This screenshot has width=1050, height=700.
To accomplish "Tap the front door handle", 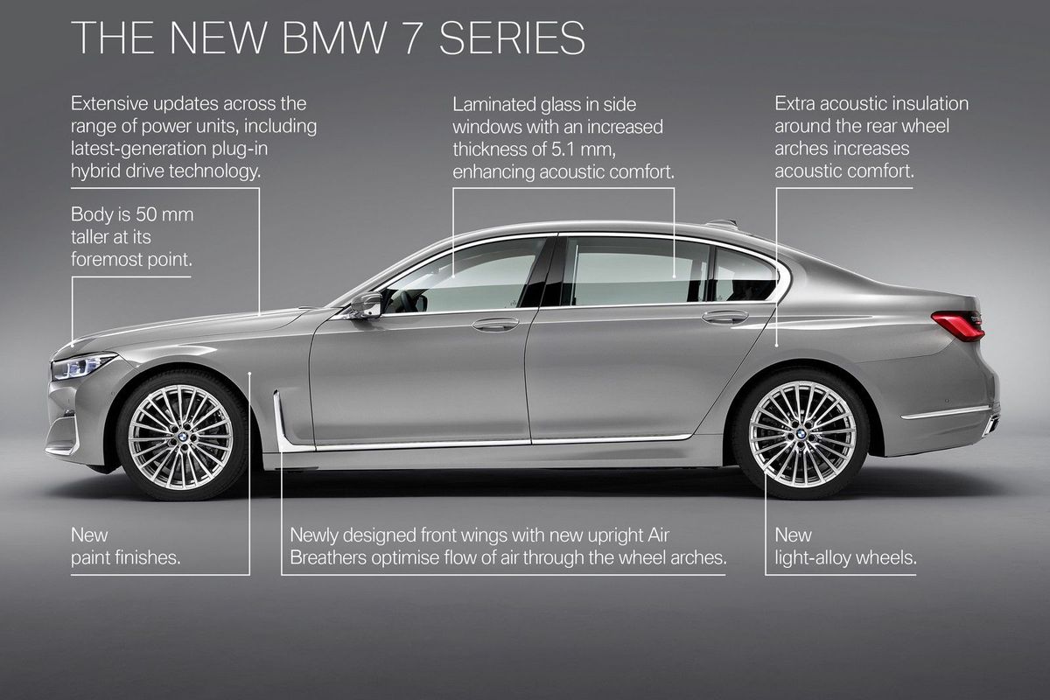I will (495, 325).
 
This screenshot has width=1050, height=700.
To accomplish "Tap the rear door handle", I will (725, 317).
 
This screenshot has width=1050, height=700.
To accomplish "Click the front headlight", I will (82, 365).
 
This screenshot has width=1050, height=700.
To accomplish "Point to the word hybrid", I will (94, 171).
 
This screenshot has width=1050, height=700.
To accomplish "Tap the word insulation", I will (925, 103).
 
